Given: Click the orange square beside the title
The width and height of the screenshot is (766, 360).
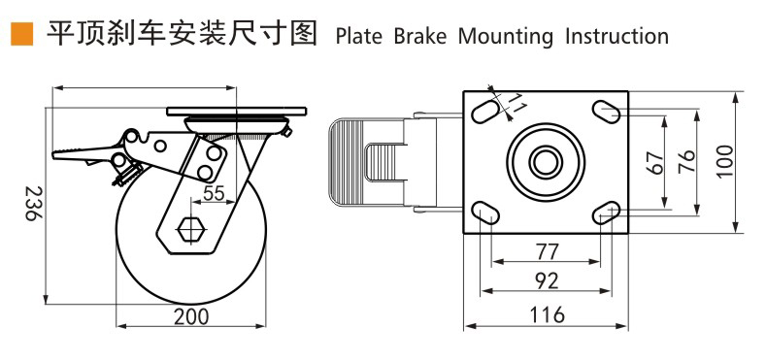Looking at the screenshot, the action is coord(22,34).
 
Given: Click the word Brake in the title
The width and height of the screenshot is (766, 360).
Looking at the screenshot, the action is coord(420,37).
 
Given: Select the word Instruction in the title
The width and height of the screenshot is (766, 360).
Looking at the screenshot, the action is coord(616,37).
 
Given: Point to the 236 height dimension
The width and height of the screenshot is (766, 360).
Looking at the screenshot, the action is coord(31,203).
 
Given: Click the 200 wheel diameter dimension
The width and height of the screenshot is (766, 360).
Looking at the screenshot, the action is coord(191,316).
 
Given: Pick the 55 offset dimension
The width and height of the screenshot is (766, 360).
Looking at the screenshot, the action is coord(214,194).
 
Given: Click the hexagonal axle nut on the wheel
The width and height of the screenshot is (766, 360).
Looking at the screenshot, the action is coord(191,228).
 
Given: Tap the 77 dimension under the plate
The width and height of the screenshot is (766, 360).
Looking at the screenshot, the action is coord(547,252).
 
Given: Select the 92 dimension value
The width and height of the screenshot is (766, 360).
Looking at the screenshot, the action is coord(547,280).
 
